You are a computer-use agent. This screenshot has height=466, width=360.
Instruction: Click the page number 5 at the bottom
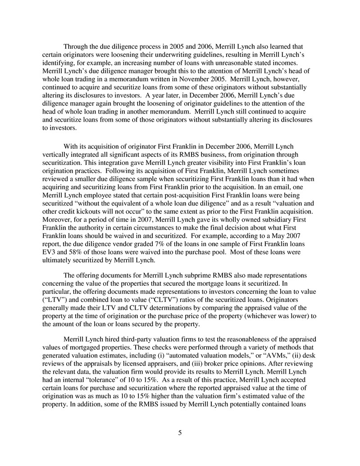click(180, 433)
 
